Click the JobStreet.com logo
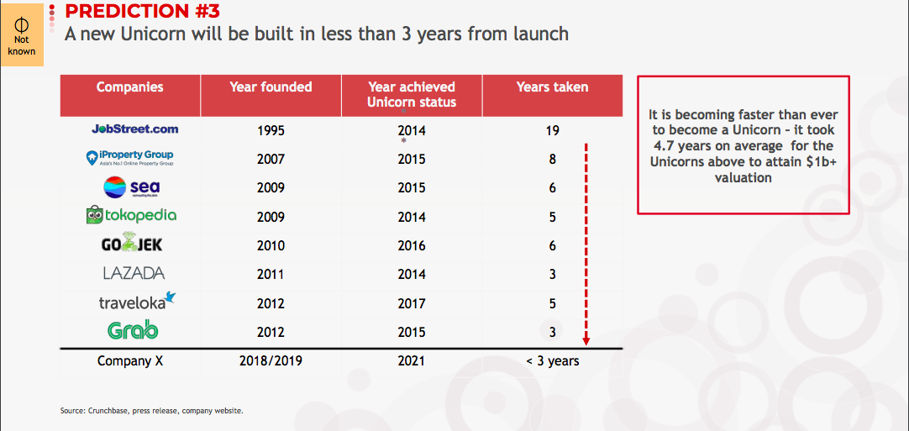tap(135, 129)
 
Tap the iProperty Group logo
tap(129, 158)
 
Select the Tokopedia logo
tap(131, 215)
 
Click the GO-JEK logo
tap(132, 244)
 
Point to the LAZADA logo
tap(134, 273)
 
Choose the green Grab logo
tap(133, 331)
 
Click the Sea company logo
tap(131, 187)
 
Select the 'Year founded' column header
tap(271, 87)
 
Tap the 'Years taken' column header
tap(553, 87)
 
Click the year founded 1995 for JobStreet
tap(271, 130)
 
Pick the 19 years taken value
tap(552, 130)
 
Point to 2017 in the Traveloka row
tap(412, 303)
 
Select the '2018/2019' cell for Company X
tap(271, 360)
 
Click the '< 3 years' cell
tap(553, 360)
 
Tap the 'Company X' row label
tap(130, 360)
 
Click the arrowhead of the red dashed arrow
tap(586, 340)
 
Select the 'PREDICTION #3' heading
tap(143, 10)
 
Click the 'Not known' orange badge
tap(22, 34)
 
